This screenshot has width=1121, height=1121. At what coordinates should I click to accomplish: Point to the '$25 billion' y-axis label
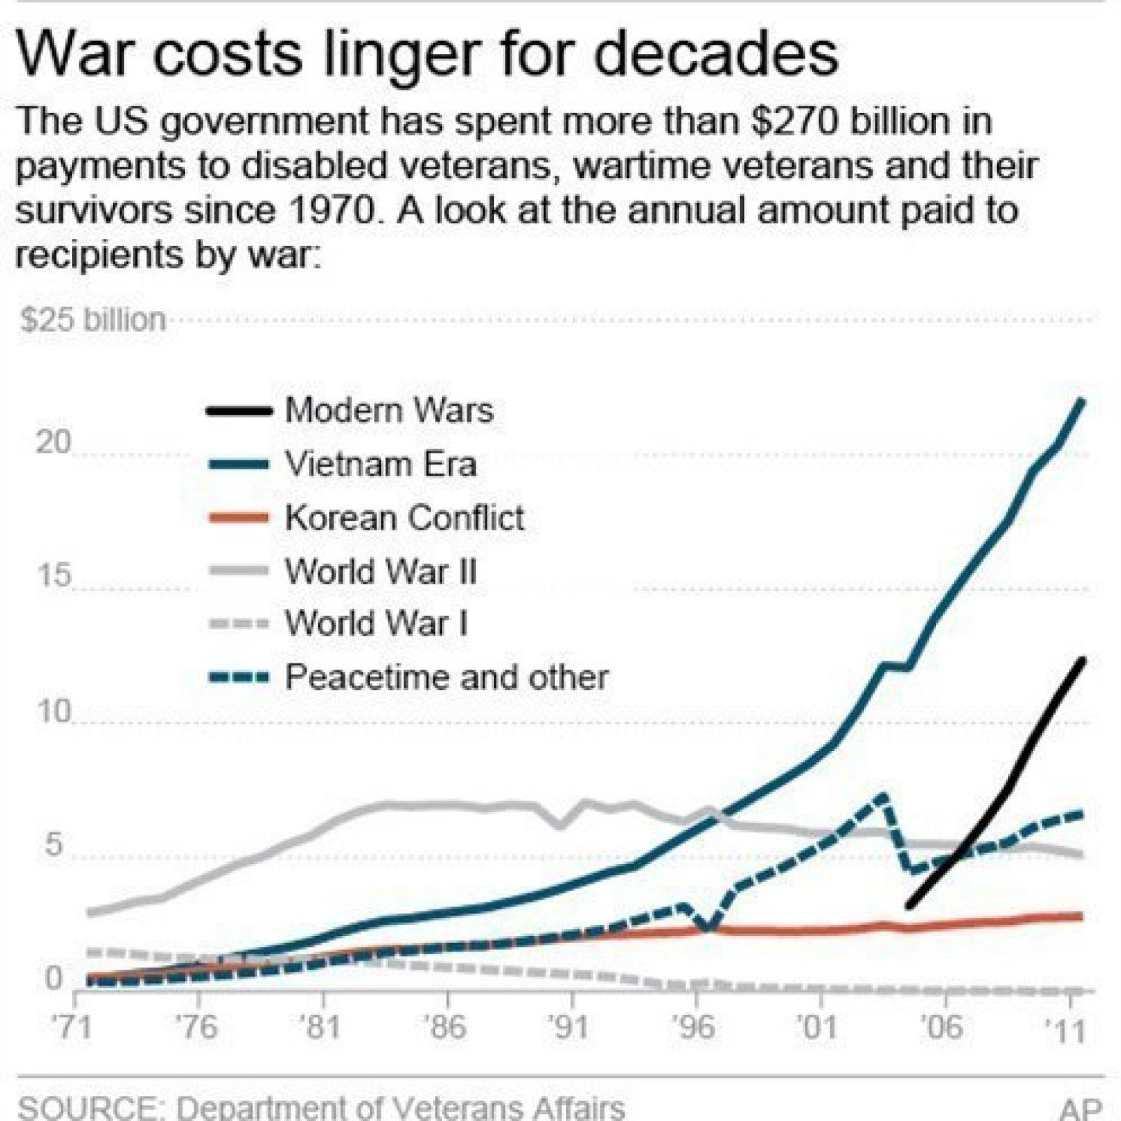pos(92,320)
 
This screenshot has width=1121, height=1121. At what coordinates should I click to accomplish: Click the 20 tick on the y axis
pos(53,443)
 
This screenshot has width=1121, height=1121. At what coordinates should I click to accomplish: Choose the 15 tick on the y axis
pos(53,575)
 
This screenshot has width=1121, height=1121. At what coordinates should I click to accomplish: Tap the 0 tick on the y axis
pos(53,978)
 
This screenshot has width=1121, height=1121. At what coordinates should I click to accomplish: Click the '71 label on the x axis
pos(73,1028)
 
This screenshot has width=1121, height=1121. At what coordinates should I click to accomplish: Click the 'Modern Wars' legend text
pos(389,411)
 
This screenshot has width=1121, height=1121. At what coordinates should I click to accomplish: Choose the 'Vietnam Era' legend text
pos(380,465)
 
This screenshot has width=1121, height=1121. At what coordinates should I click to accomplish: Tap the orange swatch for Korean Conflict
pos(238,518)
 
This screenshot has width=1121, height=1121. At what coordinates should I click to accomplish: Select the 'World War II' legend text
pos(380,572)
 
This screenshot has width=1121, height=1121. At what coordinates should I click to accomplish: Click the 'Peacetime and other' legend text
pos(446,678)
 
